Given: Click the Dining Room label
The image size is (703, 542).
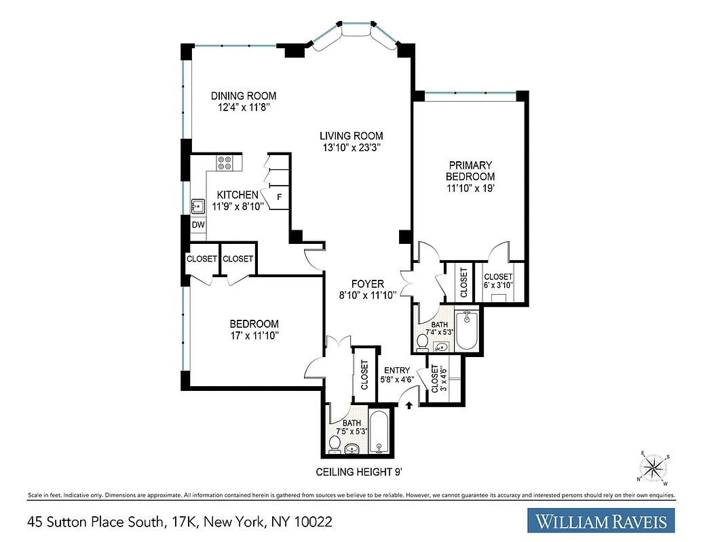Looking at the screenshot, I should (x=243, y=96).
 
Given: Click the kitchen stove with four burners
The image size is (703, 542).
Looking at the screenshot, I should (x=225, y=163).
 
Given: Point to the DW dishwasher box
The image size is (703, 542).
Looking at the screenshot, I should (x=198, y=225).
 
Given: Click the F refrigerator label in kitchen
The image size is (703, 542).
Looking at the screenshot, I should (x=279, y=197).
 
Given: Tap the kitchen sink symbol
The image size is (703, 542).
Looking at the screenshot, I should (x=198, y=206).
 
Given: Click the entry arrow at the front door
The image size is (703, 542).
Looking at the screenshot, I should (x=409, y=404).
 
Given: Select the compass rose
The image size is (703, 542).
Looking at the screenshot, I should (x=654, y=467).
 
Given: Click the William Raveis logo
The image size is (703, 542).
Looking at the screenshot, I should (x=601, y=522).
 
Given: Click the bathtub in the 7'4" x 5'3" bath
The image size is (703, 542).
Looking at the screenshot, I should (x=467, y=330).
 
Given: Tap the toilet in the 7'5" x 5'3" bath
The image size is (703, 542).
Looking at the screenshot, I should (x=334, y=444).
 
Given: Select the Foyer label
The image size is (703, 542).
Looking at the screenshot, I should (x=367, y=284).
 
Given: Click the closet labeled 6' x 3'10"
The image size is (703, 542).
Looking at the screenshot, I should (x=498, y=280).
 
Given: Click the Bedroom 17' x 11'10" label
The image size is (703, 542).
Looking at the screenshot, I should (x=254, y=324).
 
